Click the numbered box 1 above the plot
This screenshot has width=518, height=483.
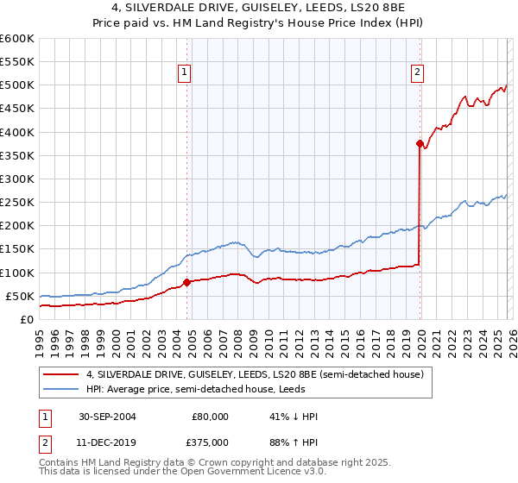186,73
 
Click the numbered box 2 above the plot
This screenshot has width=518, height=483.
417,73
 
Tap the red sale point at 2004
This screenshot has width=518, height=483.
187,282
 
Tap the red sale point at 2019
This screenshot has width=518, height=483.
420,144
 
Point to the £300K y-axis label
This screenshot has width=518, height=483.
17,179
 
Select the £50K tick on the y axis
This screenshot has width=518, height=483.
21,296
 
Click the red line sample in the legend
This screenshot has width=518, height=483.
63,374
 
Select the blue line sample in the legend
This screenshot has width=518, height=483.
63,389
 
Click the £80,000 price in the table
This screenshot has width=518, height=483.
210,417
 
